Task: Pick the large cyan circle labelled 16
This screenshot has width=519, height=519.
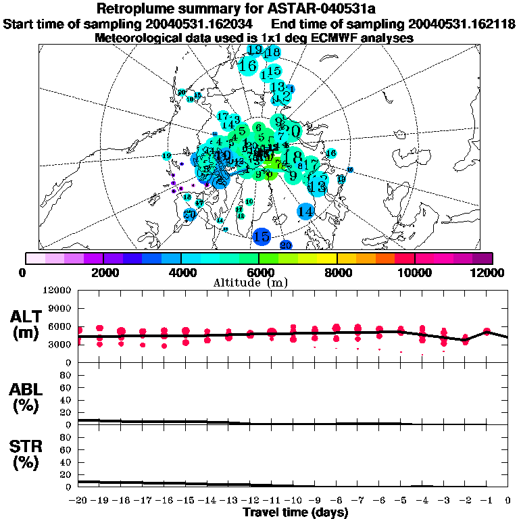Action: tap(249, 66)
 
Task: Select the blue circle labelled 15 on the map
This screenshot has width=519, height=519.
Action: tap(262, 237)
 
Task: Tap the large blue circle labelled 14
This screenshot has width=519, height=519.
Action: tap(306, 212)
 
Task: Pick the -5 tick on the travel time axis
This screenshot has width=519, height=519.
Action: tap(400, 500)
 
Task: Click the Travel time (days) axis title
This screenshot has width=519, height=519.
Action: tap(296, 512)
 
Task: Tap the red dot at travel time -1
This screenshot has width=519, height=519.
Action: tap(487, 331)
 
